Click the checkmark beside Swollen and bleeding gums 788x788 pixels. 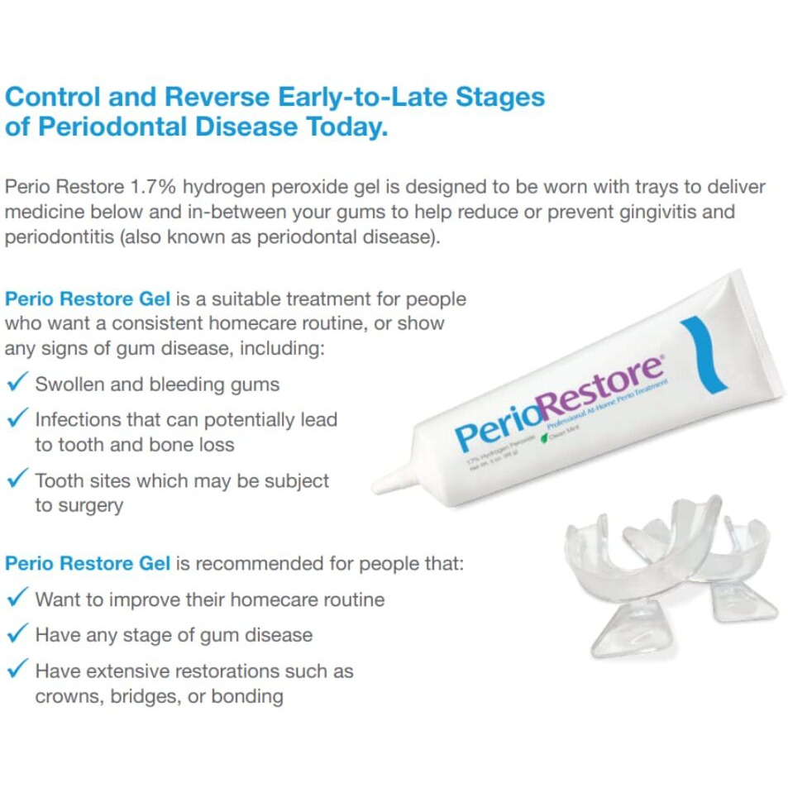[x=17, y=384]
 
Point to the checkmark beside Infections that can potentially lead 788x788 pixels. [x=17, y=418]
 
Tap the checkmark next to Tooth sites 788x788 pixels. [x=17, y=480]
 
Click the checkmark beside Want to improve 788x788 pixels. [x=17, y=598]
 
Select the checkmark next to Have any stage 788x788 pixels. [x=17, y=634]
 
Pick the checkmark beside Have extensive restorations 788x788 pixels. [x=17, y=670]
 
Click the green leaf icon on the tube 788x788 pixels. [x=545, y=438]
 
